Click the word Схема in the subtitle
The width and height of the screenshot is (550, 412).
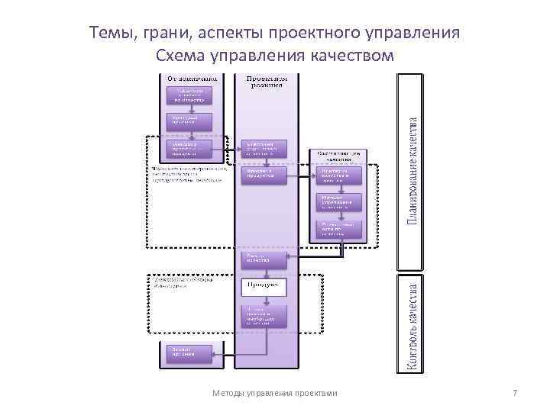coord(180,56)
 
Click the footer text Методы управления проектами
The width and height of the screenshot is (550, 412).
coord(274,393)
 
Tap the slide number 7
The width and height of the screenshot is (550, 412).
coord(515,393)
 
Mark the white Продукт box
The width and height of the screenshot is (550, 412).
coord(264,287)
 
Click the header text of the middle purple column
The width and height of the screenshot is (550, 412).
coord(266,81)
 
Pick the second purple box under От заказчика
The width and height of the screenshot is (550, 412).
coord(189,121)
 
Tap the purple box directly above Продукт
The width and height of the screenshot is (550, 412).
coord(264,259)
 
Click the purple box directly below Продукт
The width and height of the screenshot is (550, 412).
coord(264,315)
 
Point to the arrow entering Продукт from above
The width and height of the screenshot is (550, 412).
coord(264,274)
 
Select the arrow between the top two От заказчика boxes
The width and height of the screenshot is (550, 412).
coord(189,108)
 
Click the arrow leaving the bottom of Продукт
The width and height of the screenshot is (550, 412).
coord(264,300)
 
